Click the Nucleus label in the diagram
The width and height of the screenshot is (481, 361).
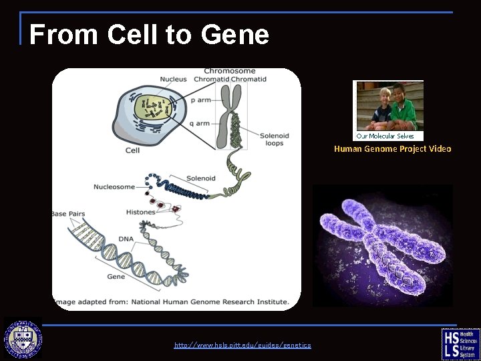point(174,80)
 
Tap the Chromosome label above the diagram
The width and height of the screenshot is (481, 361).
point(230,71)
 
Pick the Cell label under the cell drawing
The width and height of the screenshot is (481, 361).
point(132,150)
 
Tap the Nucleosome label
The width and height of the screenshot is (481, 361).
point(114,187)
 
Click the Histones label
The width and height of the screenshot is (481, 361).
point(140,212)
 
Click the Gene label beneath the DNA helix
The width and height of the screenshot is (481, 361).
point(116,276)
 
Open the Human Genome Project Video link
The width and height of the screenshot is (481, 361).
point(392,149)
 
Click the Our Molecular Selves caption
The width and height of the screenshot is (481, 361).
point(385,136)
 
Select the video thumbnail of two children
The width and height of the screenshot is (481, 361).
point(387,106)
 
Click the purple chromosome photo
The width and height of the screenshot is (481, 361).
point(382,245)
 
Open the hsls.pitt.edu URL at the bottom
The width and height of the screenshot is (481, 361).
point(243,345)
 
